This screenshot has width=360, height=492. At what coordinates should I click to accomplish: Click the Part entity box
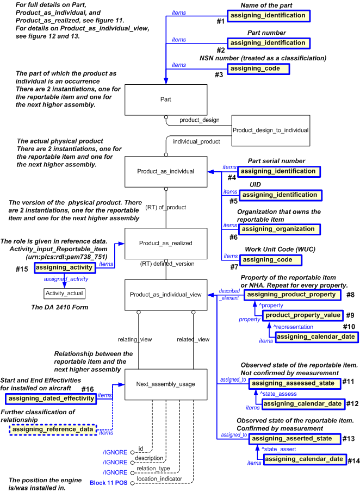click(165, 100)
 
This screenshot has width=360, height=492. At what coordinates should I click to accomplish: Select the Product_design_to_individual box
click(270, 130)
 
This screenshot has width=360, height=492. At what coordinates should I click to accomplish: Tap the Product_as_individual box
click(165, 171)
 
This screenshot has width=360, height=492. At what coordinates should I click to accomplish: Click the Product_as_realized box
click(165, 244)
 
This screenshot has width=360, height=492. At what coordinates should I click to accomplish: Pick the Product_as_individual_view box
click(165, 295)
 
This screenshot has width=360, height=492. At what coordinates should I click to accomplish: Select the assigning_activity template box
click(64, 267)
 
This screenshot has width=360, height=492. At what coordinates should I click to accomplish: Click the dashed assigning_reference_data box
click(53, 431)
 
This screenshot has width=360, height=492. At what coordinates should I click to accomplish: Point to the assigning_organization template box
click(279, 229)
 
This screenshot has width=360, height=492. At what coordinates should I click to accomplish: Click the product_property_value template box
click(303, 315)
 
